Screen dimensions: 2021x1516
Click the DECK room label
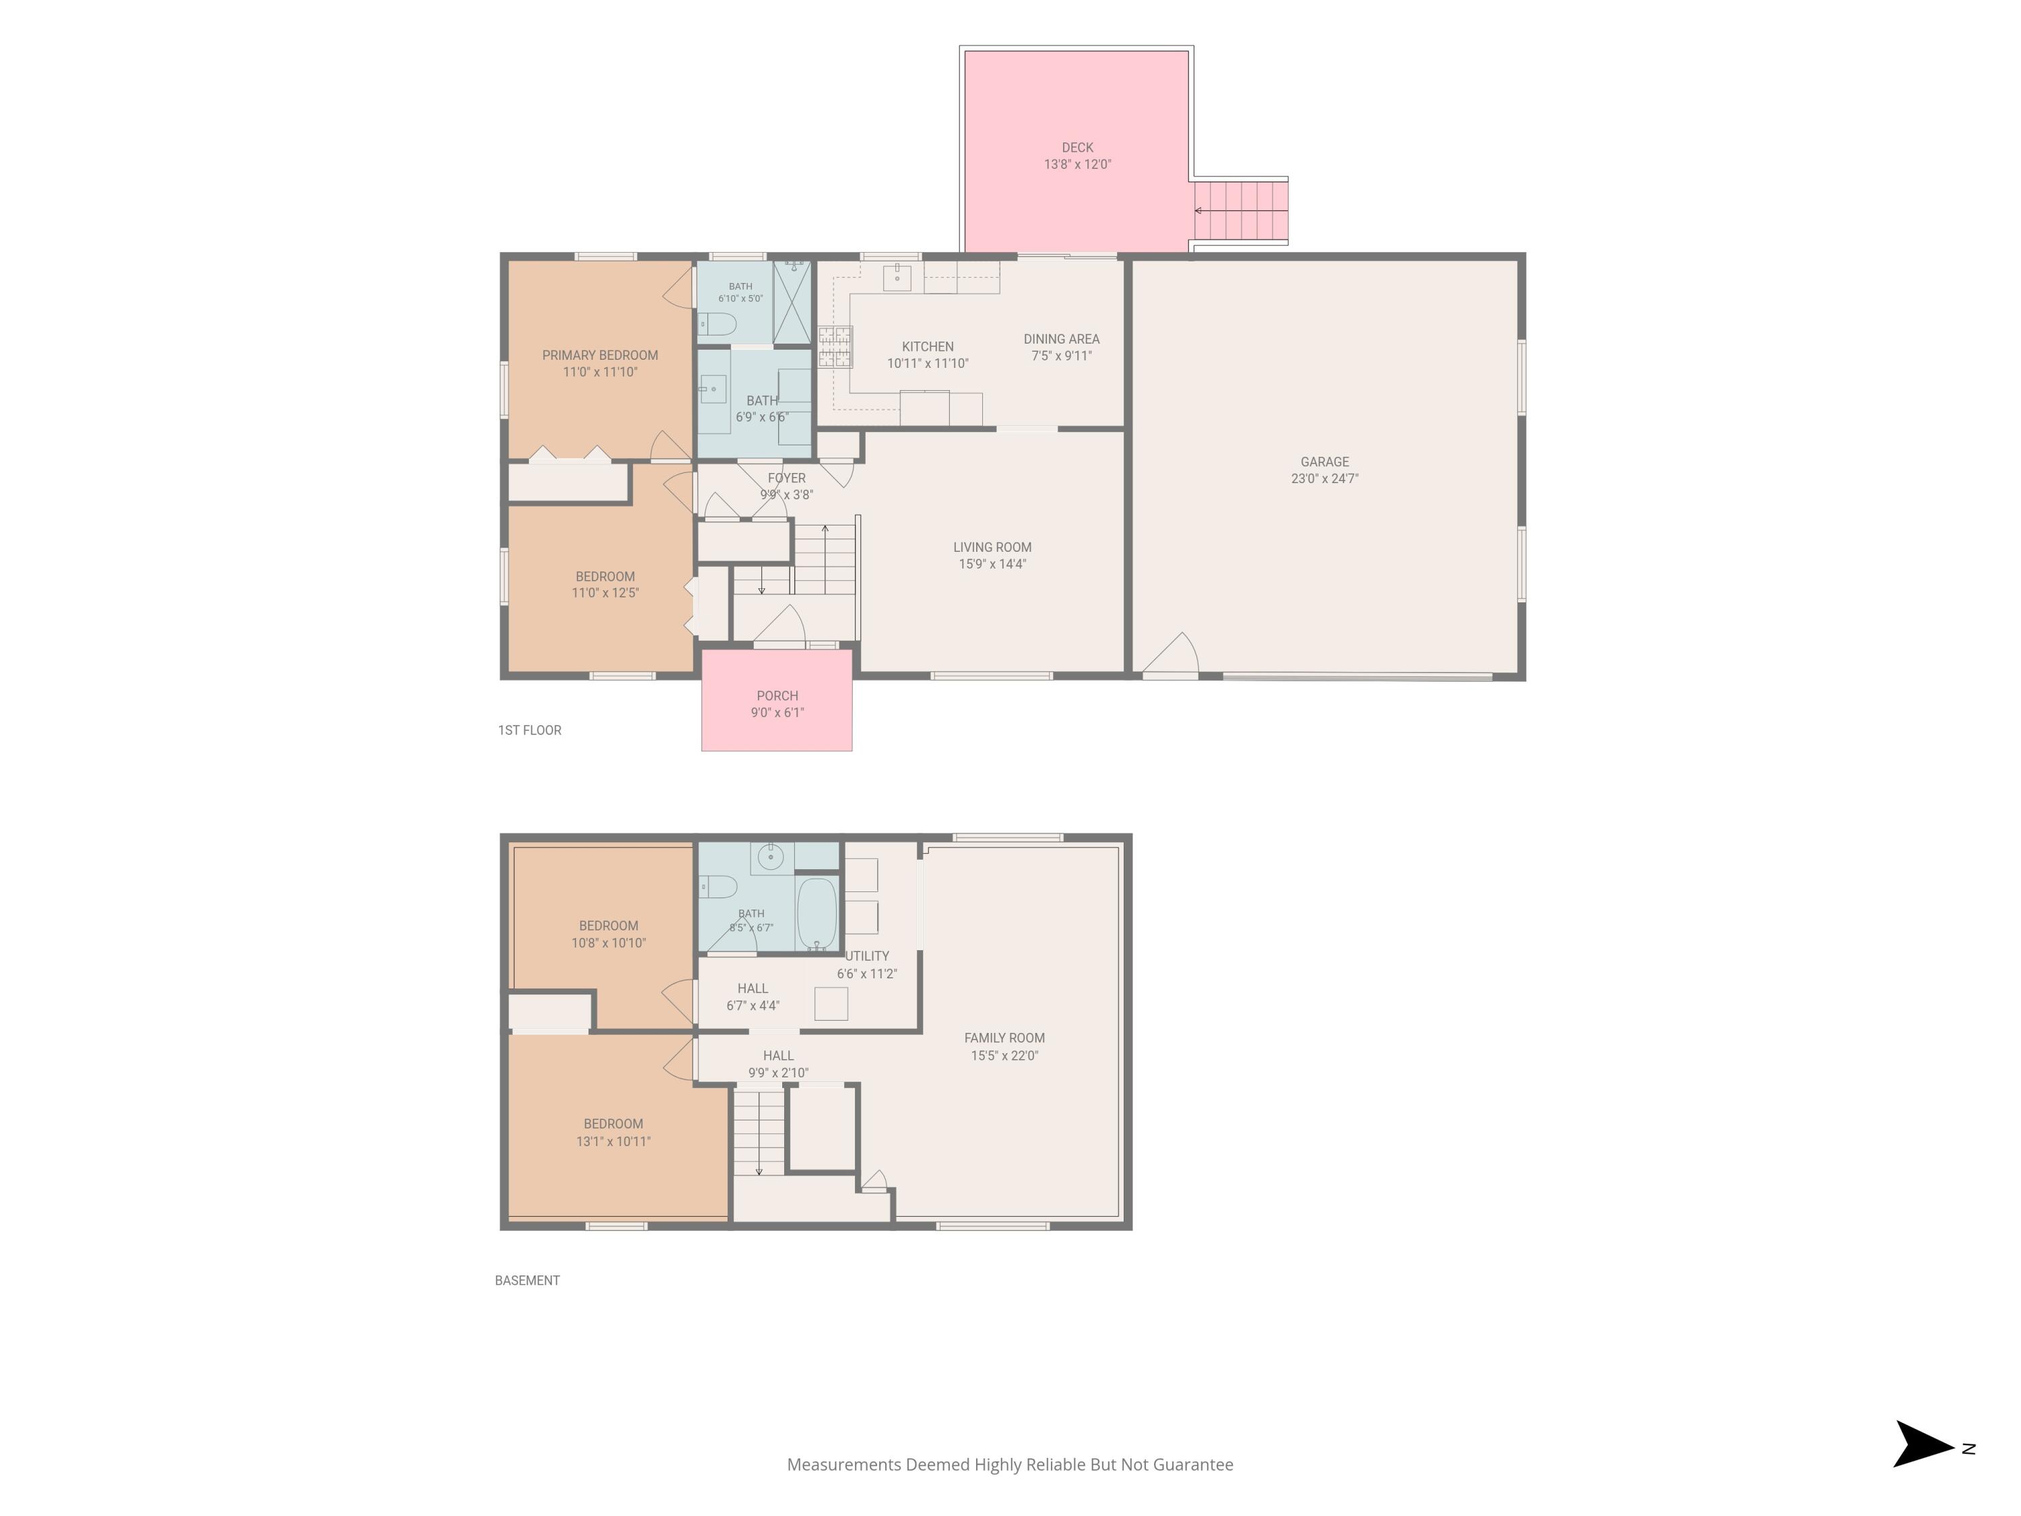[1077, 147]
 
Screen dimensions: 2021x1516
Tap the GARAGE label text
[1325, 462]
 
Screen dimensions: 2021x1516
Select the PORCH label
[777, 695]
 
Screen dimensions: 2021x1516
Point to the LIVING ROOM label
[992, 547]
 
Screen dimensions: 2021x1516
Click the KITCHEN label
[928, 346]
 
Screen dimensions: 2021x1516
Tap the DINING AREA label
[1062, 339]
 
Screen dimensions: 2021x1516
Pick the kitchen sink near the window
[897, 277]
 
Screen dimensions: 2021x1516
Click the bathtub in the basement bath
[816, 914]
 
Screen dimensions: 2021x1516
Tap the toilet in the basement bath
[718, 887]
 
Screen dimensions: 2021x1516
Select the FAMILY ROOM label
[1004, 1038]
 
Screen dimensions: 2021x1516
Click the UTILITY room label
[867, 956]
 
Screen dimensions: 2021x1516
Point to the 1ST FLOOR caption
[530, 730]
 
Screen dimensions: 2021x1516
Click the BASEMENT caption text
[527, 1280]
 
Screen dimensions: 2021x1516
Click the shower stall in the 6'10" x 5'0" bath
[792, 303]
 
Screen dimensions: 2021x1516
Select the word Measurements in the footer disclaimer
[844, 1465]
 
